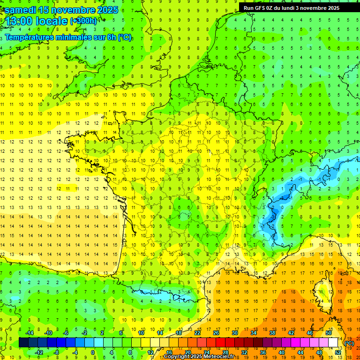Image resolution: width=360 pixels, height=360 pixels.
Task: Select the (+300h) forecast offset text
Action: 83,21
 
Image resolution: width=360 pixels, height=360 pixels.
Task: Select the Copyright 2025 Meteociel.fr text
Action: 199,357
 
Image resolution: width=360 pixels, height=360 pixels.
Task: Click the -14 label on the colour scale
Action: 30,333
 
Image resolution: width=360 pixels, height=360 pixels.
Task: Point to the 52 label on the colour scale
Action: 337,352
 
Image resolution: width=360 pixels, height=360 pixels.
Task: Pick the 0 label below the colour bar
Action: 93,352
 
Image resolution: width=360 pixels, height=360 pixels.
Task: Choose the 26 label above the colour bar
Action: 216,333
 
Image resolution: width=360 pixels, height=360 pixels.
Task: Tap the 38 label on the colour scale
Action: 272,333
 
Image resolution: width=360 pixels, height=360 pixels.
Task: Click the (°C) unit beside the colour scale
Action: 349,343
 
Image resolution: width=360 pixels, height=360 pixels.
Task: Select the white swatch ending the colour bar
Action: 333,343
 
